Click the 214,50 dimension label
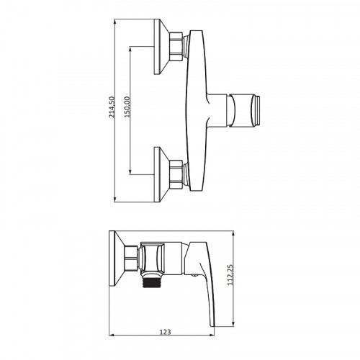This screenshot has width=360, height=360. coord(112,107)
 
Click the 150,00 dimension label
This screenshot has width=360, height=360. coord(127,107)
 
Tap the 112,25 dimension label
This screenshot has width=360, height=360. coord(230,275)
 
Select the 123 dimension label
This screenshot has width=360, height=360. coord(166,332)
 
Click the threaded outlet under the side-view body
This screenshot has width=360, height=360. coord(152,281)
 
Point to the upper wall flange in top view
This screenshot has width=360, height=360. coord(161,46)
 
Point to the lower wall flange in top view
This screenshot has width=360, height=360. coord(161,174)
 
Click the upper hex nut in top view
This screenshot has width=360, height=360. coord(176,46)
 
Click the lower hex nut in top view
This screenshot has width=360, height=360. coord(176,174)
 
